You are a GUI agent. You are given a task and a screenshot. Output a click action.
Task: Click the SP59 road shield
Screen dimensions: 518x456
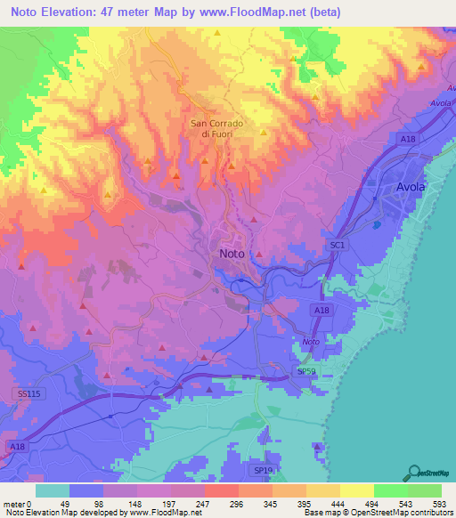pyautogui.click(x=305, y=370)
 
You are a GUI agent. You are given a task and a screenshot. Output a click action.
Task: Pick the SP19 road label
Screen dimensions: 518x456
pyautogui.click(x=262, y=470)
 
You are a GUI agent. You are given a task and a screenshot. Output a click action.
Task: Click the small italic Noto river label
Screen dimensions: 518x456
pyautogui.click(x=310, y=343)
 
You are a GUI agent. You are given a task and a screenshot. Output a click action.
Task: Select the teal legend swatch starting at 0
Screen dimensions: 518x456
pyautogui.click(x=53, y=490)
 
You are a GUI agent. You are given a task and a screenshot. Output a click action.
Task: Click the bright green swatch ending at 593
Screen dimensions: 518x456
pyautogui.click(x=425, y=490)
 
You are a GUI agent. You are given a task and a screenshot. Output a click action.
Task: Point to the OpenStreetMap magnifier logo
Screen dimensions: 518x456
pyautogui.click(x=414, y=472)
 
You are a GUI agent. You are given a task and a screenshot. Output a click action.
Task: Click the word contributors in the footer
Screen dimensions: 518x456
pyautogui.click(x=431, y=513)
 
